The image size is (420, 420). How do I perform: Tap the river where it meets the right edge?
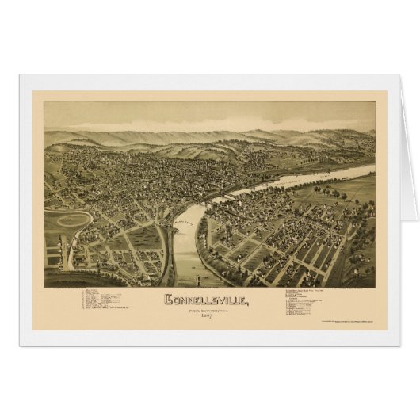click(369, 169)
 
